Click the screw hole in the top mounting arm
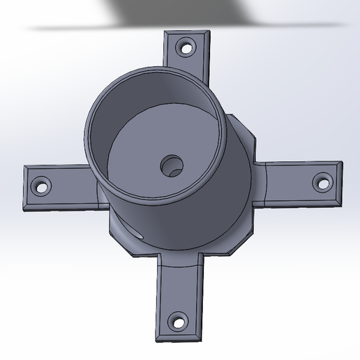coord(186,49)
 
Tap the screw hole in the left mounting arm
coord(41,187)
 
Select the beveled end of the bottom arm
coord(179,338)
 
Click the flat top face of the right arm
coord(293,184)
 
